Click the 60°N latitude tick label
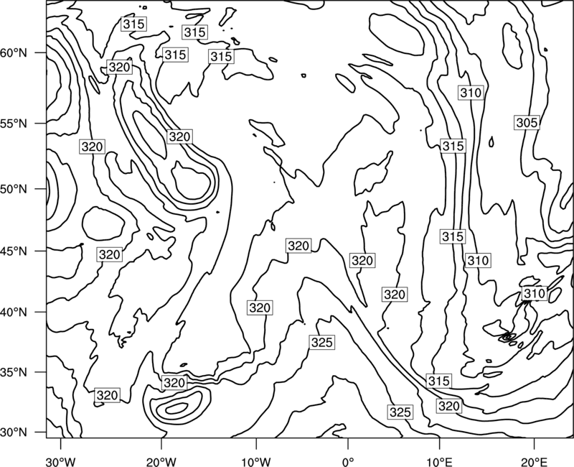[x=14, y=53]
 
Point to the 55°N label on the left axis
[x=14, y=124]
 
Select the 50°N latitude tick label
[x=14, y=189]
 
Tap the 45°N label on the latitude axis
[x=14, y=251]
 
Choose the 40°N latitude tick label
[x=14, y=313]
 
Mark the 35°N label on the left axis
[x=14, y=372]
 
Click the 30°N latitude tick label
[x=14, y=433]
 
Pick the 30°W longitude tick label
[x=61, y=462]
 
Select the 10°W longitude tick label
[x=256, y=462]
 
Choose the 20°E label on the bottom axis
[x=534, y=462]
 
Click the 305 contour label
[x=527, y=123]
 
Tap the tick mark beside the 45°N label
[x=41, y=251]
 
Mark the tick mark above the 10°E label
[x=439, y=443]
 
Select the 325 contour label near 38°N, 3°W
[x=321, y=343]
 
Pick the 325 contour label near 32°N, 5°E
[x=400, y=412]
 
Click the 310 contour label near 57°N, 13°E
[x=471, y=93]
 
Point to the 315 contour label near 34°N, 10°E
[x=438, y=381]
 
